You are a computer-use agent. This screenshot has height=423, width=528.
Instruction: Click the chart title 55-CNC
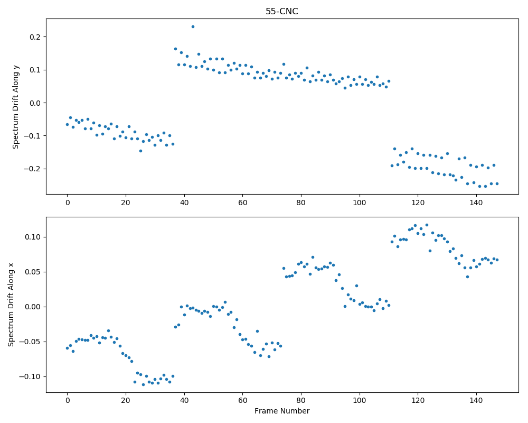[x=281, y=12]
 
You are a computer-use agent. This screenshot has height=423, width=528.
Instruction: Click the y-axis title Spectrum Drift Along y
[x=15, y=106]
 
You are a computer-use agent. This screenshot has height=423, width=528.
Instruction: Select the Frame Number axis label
[x=282, y=411]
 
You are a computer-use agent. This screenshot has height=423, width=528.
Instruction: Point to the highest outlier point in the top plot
[x=193, y=26]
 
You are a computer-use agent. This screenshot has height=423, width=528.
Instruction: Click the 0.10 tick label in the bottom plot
[x=33, y=237]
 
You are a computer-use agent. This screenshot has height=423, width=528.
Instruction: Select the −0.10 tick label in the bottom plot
[x=30, y=377]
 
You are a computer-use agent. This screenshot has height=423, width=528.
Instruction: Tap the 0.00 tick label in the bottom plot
[x=33, y=307]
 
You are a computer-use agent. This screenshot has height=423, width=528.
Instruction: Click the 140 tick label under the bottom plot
[x=476, y=400]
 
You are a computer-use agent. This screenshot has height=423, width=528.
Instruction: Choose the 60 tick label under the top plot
[x=242, y=203]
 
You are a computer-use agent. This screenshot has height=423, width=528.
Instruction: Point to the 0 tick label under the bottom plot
[x=68, y=400]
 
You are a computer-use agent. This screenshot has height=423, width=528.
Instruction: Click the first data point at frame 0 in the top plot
[x=67, y=124]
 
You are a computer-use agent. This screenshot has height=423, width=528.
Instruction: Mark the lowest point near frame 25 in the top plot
[x=140, y=151]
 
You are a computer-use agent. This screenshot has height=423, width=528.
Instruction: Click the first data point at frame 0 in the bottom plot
[x=67, y=348]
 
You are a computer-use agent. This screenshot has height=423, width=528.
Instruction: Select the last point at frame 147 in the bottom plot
[x=497, y=260]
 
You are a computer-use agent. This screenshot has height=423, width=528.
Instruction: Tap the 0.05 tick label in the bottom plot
[x=33, y=272]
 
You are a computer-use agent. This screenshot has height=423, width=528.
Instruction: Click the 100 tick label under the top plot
[x=359, y=203]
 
